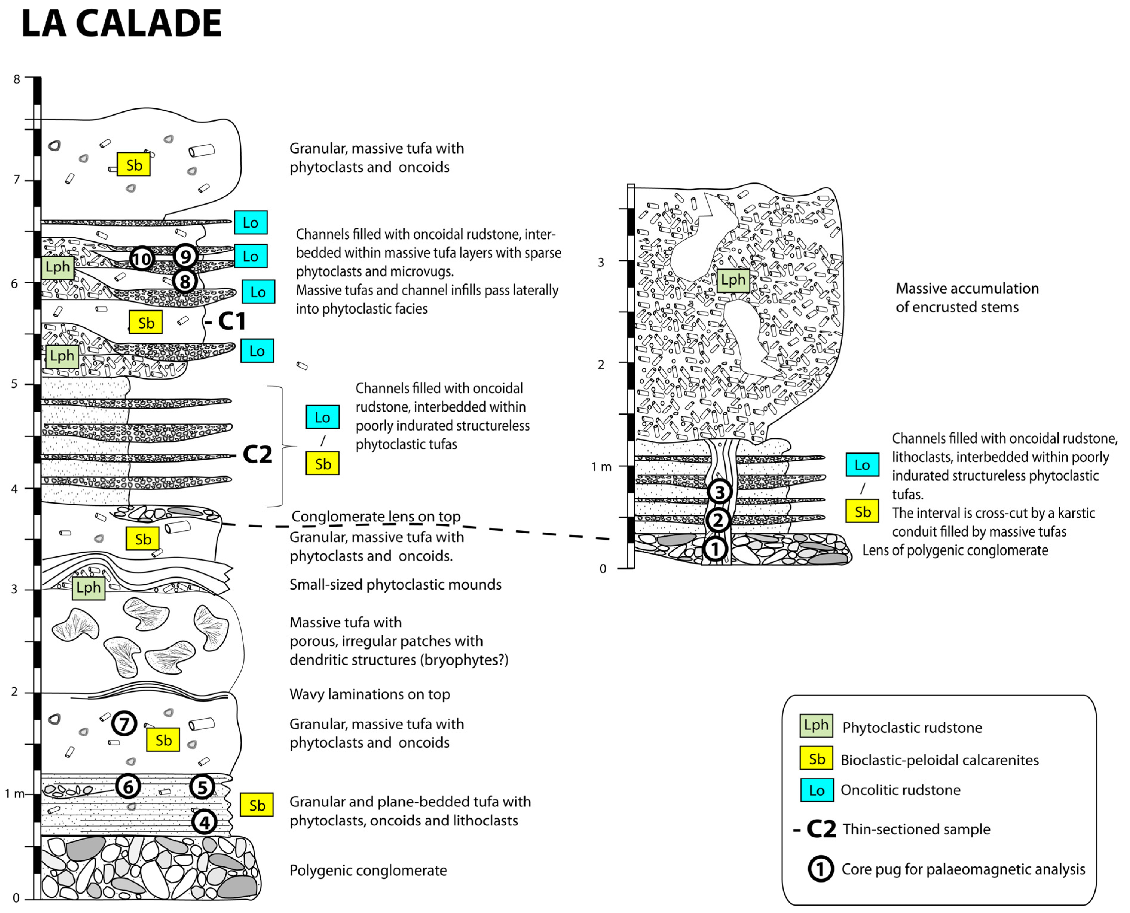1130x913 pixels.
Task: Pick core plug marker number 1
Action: [x=715, y=549]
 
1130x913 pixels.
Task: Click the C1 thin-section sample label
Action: [x=231, y=321]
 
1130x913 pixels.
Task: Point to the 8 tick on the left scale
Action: [x=17, y=79]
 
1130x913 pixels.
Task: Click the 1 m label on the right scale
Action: [x=601, y=467]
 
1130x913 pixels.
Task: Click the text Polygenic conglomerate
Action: [x=368, y=870]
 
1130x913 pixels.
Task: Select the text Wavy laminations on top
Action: [x=370, y=694]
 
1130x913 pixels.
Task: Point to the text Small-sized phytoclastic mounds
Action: [x=395, y=584]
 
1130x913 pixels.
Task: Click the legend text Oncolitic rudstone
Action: [x=900, y=790]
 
